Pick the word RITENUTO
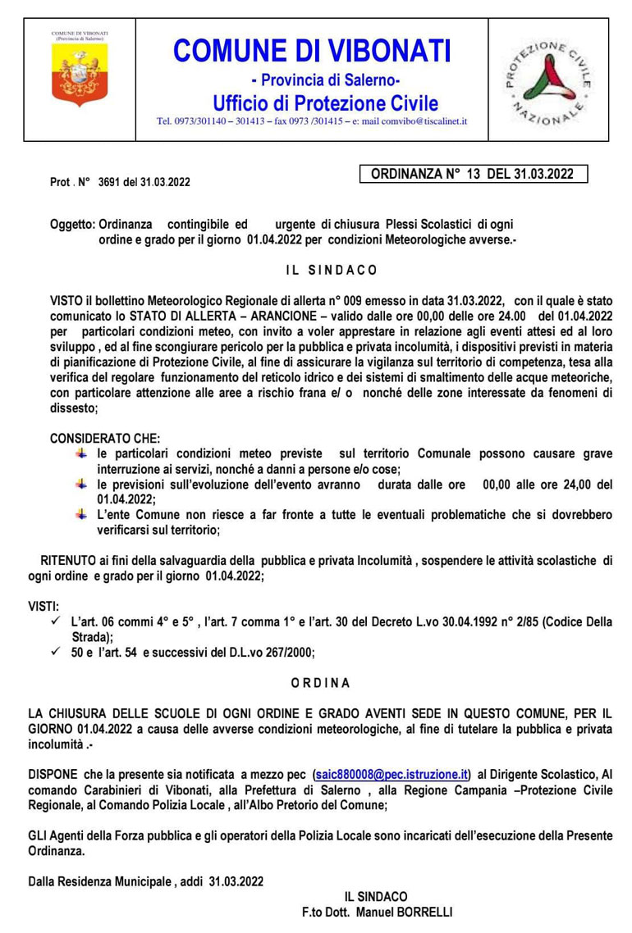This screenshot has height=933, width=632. pos(66,561)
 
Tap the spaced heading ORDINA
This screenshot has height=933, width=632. pos(321,682)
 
